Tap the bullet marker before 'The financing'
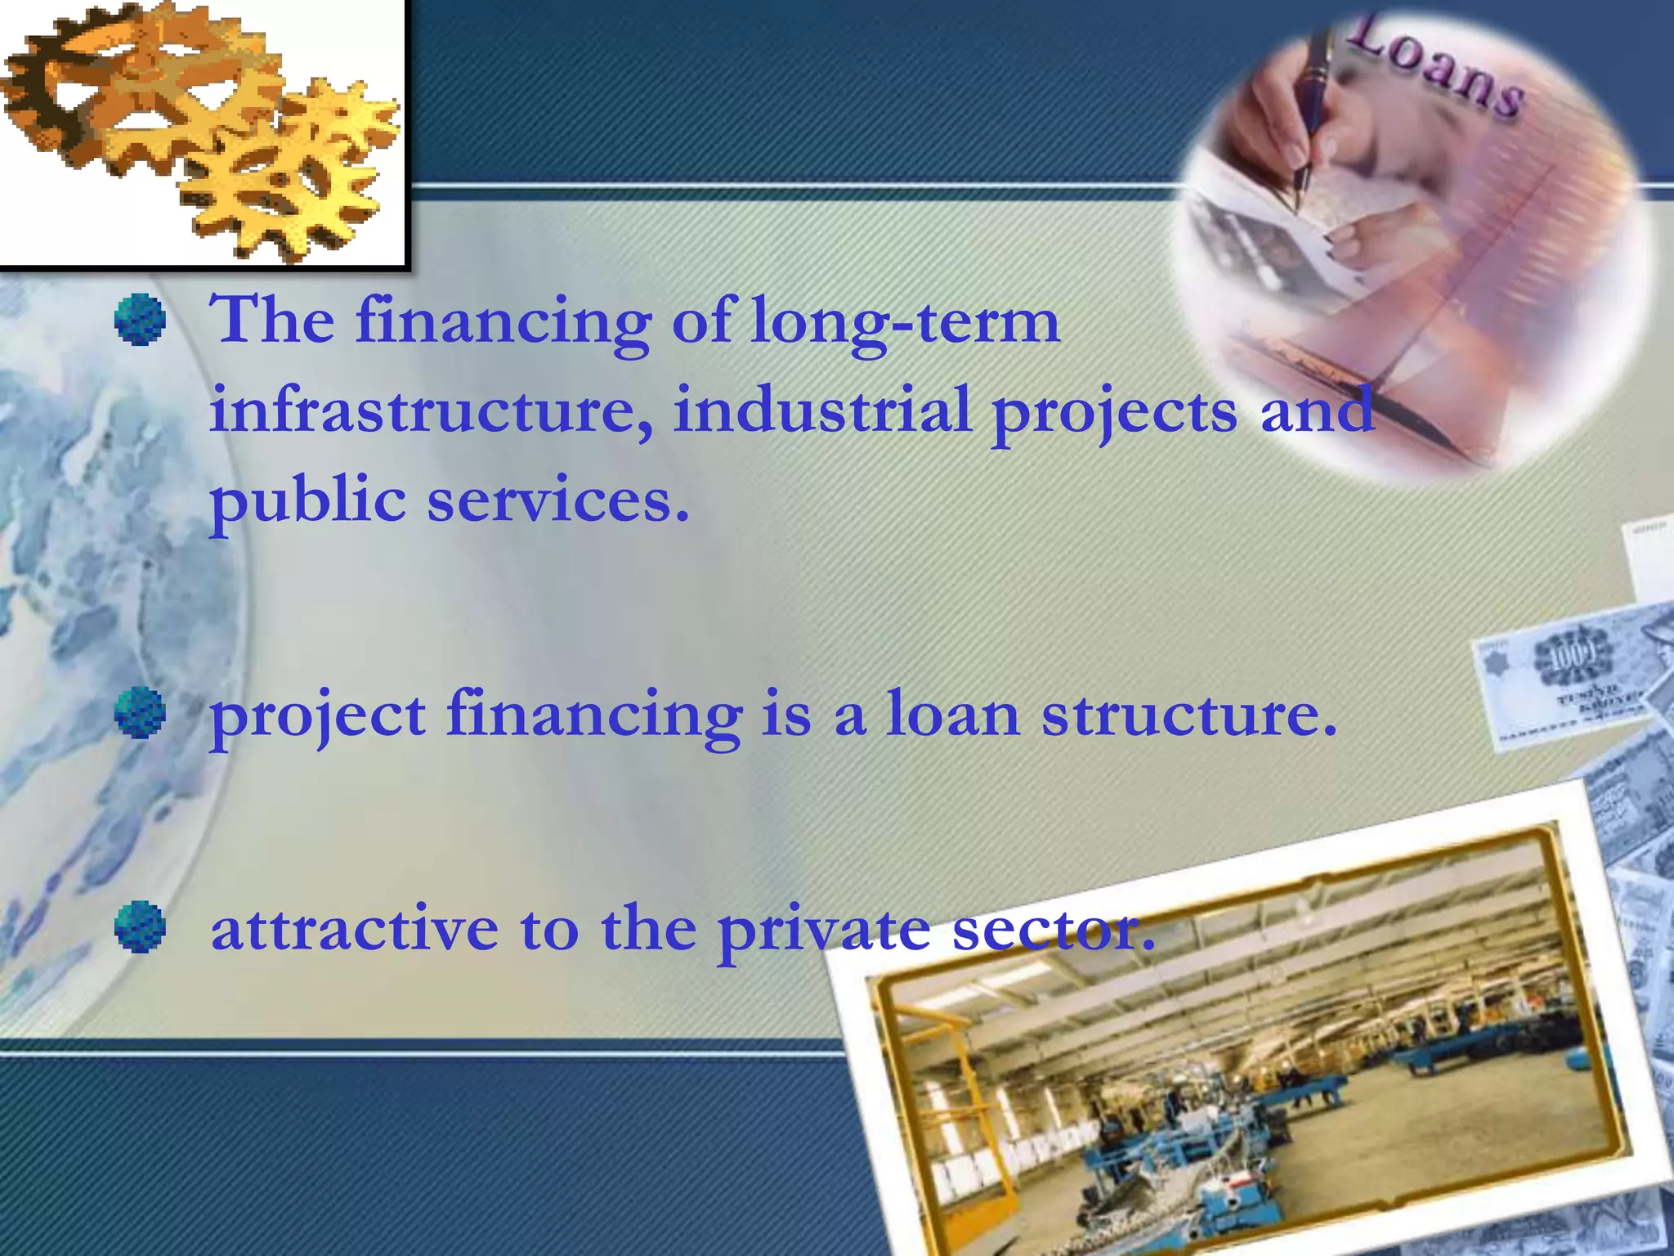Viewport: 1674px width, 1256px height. (140, 320)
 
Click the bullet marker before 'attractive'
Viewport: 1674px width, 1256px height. (140, 927)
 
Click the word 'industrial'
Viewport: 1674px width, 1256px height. (821, 409)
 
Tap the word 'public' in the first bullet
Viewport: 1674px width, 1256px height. (308, 501)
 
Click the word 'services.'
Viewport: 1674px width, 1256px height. (558, 501)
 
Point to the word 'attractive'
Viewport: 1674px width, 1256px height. (354, 928)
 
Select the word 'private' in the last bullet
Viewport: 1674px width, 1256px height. (824, 932)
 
